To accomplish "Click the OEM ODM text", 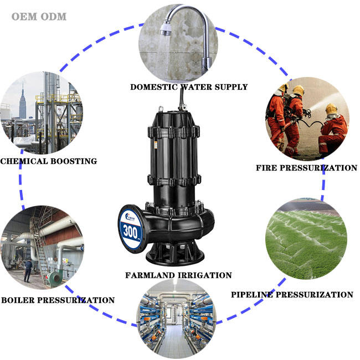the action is tap(39, 16).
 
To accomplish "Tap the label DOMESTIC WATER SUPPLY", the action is tap(189, 86).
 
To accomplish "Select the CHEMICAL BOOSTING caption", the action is tap(49, 161).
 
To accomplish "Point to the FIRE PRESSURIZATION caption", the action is tap(306, 167).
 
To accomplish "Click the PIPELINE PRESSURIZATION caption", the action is tap(292, 294).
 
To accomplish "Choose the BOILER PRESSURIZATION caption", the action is tap(58, 300).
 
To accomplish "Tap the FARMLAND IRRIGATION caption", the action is tap(178, 275).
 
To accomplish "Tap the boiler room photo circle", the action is tap(42, 247).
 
